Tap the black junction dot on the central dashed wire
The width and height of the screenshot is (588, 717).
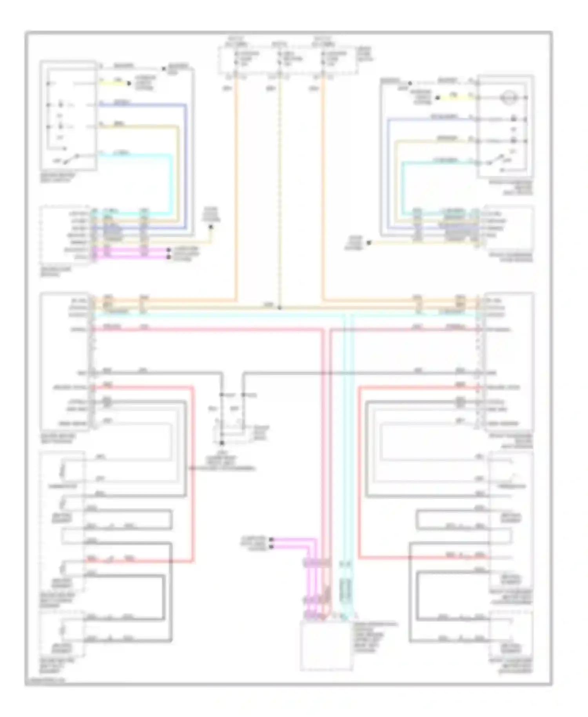(279, 308)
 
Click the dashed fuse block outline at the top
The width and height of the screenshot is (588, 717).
(288, 60)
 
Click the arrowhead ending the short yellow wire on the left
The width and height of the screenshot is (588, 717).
(128, 83)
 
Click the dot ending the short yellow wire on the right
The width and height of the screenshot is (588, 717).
(438, 98)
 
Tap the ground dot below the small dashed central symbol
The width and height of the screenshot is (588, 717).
(221, 443)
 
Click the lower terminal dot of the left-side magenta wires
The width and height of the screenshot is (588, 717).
(169, 257)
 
